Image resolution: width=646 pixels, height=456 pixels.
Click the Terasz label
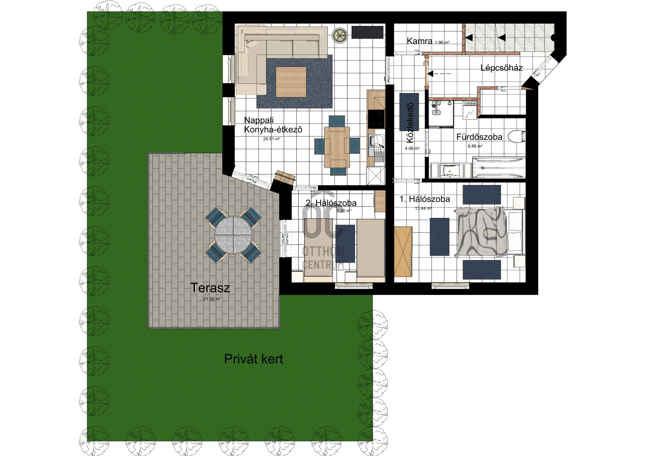(210, 288)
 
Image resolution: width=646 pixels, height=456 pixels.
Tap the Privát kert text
(253, 359)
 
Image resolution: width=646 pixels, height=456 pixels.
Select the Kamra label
(419, 41)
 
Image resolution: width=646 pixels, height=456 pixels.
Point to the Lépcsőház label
(501, 68)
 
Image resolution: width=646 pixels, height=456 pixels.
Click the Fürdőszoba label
(479, 137)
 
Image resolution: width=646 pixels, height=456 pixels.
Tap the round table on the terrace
(233, 235)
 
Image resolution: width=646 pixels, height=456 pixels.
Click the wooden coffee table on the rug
(291, 82)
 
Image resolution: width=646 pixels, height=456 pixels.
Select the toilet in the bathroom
(516, 136)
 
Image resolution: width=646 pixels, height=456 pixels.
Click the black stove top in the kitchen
(376, 119)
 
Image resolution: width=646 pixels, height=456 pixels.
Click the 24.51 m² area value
(272, 139)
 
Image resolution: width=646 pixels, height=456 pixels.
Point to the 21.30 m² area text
(212, 299)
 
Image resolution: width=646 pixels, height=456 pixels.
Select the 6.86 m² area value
(475, 146)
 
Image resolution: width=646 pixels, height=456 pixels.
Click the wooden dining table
(337, 147)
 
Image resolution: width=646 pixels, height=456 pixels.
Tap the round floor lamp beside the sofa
(340, 35)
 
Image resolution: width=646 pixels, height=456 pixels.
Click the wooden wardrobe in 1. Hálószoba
(403, 252)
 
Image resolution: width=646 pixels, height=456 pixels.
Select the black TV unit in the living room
(367, 32)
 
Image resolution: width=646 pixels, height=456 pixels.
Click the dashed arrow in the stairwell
(439, 73)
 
